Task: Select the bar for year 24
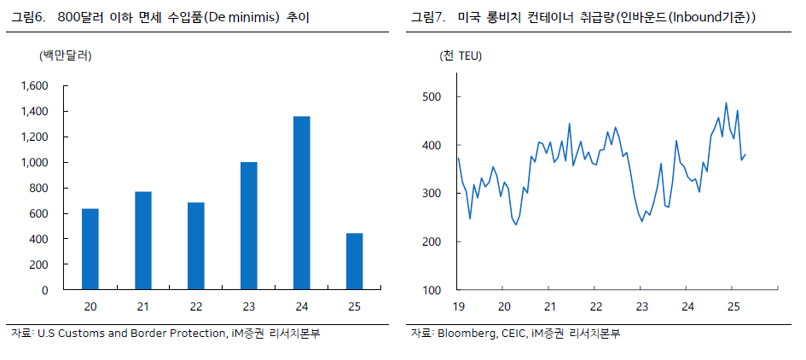click(x=301, y=203)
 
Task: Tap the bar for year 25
click(x=354, y=261)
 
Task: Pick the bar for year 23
click(x=248, y=226)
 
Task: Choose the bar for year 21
click(x=142, y=241)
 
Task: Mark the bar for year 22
click(x=195, y=246)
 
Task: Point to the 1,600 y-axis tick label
click(x=33, y=86)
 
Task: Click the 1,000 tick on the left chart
click(x=33, y=163)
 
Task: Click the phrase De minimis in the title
click(x=243, y=17)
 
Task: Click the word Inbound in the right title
click(x=693, y=17)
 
